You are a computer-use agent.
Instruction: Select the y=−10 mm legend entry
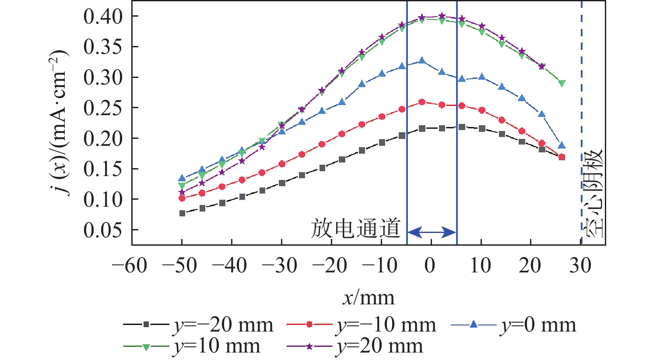362,325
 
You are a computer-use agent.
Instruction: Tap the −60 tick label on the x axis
130,265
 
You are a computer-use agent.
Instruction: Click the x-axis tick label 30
580,265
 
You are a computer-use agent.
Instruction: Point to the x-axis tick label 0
431,265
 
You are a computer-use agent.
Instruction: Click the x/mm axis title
369,298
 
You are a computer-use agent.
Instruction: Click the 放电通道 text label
355,229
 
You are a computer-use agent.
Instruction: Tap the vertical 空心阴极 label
593,193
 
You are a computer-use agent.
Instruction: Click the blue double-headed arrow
432,232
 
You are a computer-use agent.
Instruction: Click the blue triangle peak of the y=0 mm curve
422,60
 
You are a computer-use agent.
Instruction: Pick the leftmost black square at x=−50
182,213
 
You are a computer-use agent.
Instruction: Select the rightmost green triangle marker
562,83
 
